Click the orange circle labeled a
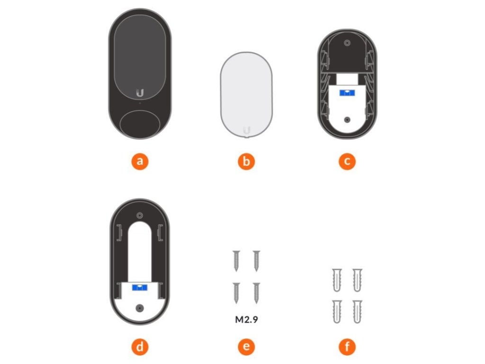[x=140, y=161]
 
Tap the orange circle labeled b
[x=246, y=161]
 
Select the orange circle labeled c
[x=347, y=161]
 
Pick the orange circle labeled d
[x=140, y=346]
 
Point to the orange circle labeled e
[x=246, y=346]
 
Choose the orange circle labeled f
[x=347, y=346]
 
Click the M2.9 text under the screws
[x=246, y=319]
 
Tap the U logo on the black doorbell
[x=140, y=92]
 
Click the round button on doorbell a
[x=140, y=125]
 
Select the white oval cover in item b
[x=246, y=94]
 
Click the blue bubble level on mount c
[x=347, y=93]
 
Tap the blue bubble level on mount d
[x=140, y=288]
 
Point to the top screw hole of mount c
[x=347, y=43]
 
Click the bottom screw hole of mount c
[x=347, y=120]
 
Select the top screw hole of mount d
[x=140, y=216]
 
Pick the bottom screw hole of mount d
[x=140, y=308]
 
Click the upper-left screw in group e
[x=237, y=261]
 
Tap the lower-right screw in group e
[x=256, y=293]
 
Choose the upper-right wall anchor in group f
[x=357, y=280]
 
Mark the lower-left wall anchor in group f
[x=337, y=311]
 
